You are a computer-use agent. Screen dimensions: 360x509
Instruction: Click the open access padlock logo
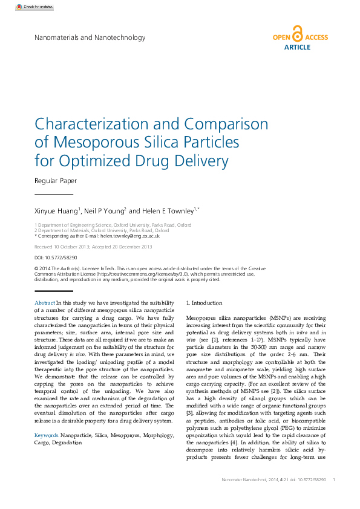pyautogui.click(x=296, y=33)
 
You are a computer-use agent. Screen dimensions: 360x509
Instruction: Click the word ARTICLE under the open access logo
pyautogui.click(x=296, y=47)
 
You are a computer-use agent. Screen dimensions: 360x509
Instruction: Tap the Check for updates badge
pyautogui.click(x=36, y=7)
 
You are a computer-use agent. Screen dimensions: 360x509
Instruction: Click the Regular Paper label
pyautogui.click(x=56, y=181)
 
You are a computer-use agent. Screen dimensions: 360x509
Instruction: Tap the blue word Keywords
pyautogui.click(x=47, y=418)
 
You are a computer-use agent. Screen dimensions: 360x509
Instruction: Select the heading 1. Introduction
pyautogui.click(x=205, y=303)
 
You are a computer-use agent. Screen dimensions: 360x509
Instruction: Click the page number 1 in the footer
pyautogui.click(x=335, y=479)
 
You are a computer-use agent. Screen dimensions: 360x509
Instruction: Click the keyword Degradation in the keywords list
pyautogui.click(x=65, y=426)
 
